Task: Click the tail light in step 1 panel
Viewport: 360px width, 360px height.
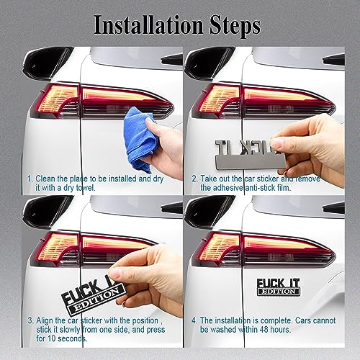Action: coord(101,101)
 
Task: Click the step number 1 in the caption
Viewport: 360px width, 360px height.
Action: coord(30,177)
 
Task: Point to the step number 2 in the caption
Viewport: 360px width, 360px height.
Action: coord(194,177)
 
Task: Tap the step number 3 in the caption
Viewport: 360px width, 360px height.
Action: coord(30,320)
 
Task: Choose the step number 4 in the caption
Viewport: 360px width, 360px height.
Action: coord(194,320)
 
